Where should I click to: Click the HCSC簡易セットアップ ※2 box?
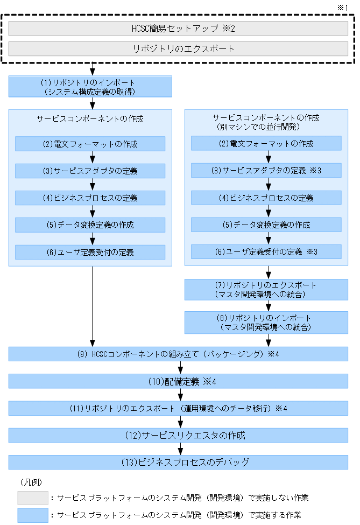point(178,28)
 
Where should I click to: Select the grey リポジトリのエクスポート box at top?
point(178,48)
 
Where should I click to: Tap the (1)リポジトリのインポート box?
point(90,86)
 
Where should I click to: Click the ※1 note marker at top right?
point(343,7)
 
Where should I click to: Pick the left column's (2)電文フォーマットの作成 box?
point(90,144)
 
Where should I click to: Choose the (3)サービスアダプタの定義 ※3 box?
point(266,171)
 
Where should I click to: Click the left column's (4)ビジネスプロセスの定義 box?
point(90,198)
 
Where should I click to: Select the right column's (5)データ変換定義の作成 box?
point(266,225)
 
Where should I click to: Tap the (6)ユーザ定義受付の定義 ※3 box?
point(266,251)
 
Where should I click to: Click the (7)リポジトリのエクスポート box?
point(266,289)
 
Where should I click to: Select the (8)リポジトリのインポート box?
point(266,322)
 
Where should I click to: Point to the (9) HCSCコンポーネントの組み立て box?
point(178,354)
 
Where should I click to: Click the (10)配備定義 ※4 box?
point(178,381)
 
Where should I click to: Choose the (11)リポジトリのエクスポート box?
point(178,408)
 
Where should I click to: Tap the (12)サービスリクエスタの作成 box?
point(178,435)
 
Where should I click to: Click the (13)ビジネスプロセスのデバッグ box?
point(178,462)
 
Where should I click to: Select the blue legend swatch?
point(32,514)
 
